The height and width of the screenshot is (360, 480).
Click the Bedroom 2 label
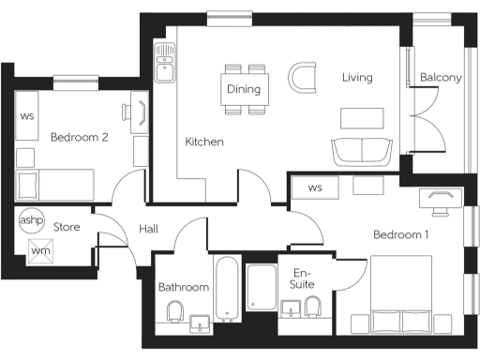(x=80, y=137)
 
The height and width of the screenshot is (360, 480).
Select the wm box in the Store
(x=40, y=249)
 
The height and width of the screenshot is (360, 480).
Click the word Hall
(x=149, y=228)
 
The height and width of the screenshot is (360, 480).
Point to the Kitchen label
(x=203, y=142)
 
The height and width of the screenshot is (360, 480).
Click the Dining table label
(x=244, y=90)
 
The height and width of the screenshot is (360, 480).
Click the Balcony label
(x=440, y=78)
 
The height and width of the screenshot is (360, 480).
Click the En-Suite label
(x=301, y=277)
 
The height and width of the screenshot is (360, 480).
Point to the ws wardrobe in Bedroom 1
(x=315, y=187)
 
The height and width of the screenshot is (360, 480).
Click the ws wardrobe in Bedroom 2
(x=26, y=116)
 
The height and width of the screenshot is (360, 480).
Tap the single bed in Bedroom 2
(x=56, y=183)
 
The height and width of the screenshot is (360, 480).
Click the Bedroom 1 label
(x=400, y=234)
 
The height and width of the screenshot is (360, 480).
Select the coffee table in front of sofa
(x=362, y=117)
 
